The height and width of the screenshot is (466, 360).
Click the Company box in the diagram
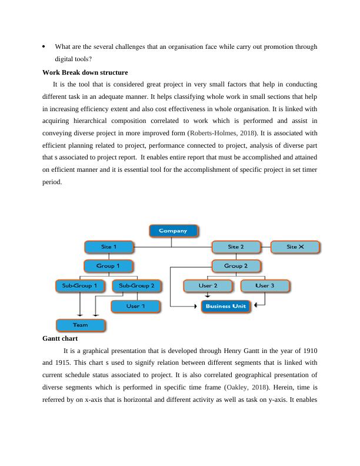[x=174, y=231]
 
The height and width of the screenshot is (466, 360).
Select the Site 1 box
[x=109, y=247]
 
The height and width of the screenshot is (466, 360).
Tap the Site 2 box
[x=236, y=247]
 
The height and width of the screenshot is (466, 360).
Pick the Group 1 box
[x=109, y=266]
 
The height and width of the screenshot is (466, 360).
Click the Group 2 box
[x=236, y=266]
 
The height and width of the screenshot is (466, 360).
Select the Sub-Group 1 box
[x=80, y=286]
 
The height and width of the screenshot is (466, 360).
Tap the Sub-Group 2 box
[x=136, y=286]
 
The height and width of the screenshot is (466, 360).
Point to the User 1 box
[x=136, y=306]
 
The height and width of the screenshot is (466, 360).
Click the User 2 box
[x=208, y=286]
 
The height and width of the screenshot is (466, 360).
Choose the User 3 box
[x=265, y=286]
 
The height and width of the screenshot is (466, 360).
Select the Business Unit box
[x=226, y=306]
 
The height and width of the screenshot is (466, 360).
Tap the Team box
[x=81, y=325]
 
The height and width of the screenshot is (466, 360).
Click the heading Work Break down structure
[x=85, y=73]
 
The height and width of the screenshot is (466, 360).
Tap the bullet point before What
[x=45, y=46]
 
